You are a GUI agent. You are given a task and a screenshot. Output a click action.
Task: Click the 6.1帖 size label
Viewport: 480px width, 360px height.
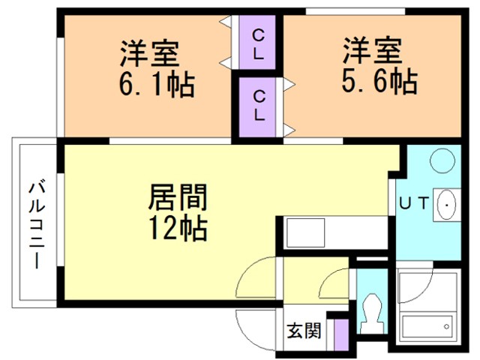coord(155,83)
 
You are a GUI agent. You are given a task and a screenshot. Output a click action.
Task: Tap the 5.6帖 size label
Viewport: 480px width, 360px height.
coord(379,79)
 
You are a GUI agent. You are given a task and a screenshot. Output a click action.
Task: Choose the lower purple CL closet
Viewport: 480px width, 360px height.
coord(257,105)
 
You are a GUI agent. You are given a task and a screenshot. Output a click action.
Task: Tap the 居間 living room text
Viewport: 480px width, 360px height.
coord(177,199)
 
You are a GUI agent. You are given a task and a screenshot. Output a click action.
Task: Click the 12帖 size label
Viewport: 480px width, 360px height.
coord(177,228)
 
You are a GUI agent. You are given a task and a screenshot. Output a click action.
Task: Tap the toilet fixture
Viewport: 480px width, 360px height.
coord(369,311)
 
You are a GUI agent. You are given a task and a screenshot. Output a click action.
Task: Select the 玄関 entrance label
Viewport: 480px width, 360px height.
coord(304,330)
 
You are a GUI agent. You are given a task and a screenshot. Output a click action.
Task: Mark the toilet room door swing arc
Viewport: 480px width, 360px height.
coord(334,285)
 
